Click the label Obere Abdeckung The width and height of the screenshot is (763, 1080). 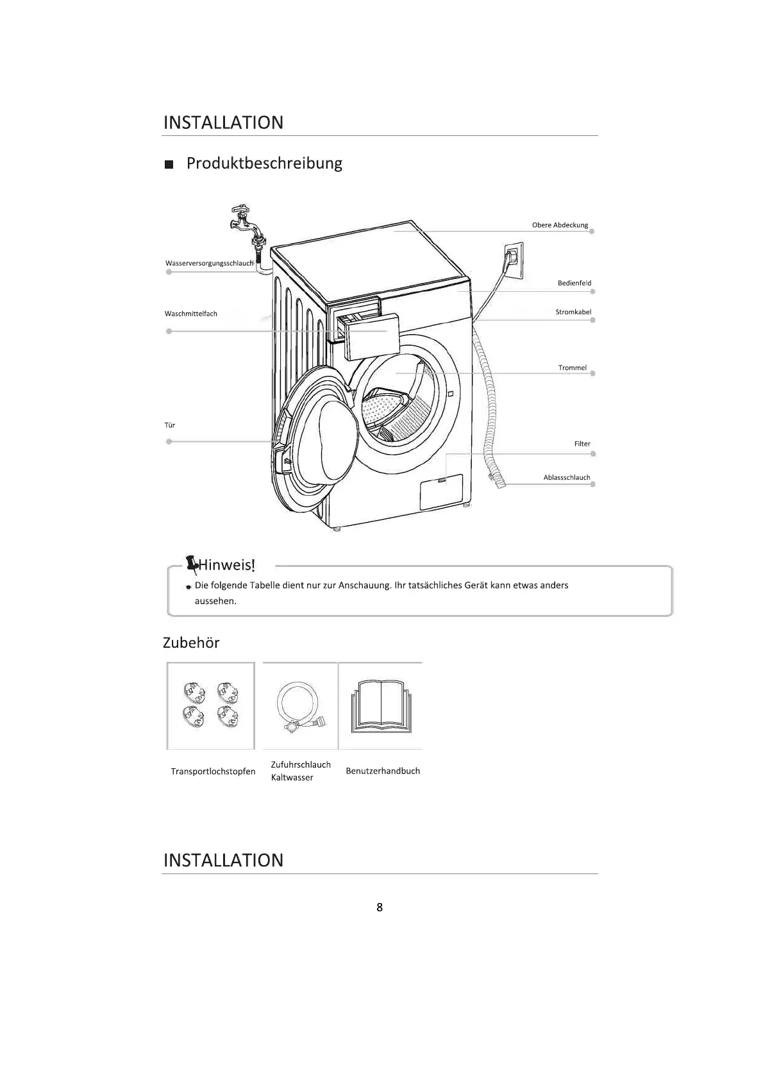tap(560, 225)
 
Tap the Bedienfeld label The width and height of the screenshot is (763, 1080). tap(574, 283)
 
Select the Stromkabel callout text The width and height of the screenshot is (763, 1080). tap(573, 312)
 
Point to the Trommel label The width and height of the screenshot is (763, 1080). tap(572, 368)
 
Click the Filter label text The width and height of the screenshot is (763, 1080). tap(582, 444)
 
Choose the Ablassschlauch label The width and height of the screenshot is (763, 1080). tap(566, 478)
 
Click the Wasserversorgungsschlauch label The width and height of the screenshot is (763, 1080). tap(209, 264)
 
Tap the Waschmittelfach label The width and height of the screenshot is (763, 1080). tap(190, 314)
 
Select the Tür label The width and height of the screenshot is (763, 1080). tap(169, 425)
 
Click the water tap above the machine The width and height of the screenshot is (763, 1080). tap(246, 222)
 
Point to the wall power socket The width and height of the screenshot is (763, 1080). tap(513, 260)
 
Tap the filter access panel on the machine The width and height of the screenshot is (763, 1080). tap(441, 491)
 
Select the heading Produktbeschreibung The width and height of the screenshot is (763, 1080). tap(264, 164)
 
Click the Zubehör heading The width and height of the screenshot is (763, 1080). tap(191, 643)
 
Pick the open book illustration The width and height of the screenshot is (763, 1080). tap(380, 707)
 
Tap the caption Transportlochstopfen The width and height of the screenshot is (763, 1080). tap(213, 772)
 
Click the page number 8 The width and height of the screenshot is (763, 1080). tap(380, 907)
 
